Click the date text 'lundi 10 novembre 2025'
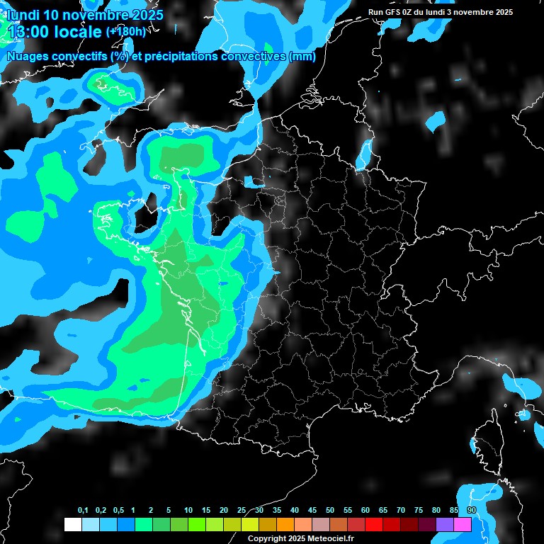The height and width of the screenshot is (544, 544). [x=85, y=15]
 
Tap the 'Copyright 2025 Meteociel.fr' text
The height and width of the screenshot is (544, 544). [x=300, y=538]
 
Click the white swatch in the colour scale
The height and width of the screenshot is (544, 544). [x=72, y=524]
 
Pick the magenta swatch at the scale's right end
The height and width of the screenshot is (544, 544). [x=463, y=524]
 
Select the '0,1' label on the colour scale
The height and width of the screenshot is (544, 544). [x=83, y=511]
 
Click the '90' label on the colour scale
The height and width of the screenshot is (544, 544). [x=472, y=511]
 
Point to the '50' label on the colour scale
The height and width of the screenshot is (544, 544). [x=330, y=511]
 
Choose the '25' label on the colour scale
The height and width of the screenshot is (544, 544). [x=242, y=511]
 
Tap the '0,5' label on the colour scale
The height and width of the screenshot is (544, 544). [x=118, y=511]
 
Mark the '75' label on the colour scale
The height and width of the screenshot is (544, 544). [x=419, y=511]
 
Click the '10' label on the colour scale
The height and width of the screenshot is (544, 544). [x=188, y=511]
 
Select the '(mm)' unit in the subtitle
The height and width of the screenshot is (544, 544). [x=302, y=57]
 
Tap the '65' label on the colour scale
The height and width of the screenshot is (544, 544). [x=383, y=511]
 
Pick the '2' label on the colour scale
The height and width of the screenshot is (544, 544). [x=152, y=511]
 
